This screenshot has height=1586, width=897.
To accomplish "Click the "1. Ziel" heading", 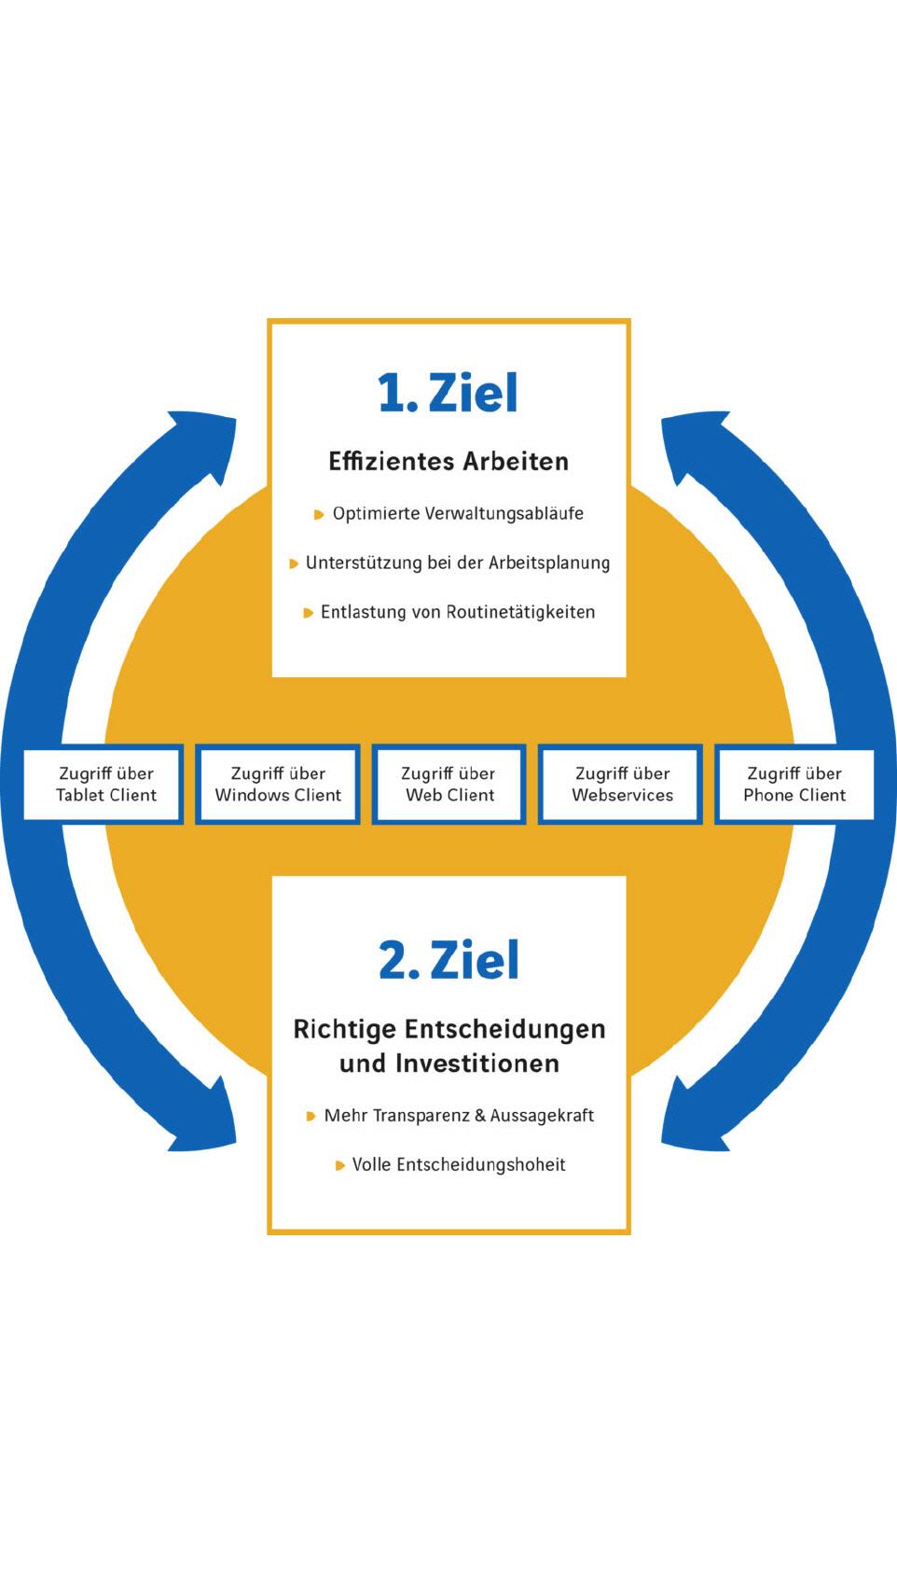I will click(448, 393).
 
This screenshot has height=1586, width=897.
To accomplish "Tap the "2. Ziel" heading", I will click(448, 960).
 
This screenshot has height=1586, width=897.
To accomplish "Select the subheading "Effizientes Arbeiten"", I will click(448, 461).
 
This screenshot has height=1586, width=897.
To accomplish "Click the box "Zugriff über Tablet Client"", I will click(105, 784).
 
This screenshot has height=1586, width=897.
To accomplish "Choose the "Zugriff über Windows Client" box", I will click(278, 784).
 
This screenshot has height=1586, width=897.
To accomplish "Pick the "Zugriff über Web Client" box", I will click(448, 784).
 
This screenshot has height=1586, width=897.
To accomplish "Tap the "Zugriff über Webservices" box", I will click(622, 784).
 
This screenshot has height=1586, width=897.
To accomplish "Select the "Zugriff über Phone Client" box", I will click(794, 784).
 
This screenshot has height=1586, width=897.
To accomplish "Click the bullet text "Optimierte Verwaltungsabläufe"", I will click(458, 513).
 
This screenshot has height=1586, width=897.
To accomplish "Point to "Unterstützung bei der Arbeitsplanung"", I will click(458, 563).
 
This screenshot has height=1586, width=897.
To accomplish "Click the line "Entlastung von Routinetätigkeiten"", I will click(458, 612).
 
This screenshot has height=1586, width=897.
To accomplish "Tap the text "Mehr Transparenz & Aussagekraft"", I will click(459, 1115).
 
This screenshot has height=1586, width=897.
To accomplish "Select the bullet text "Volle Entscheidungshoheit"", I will click(459, 1164).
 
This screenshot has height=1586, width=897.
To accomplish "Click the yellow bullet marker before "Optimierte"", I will click(319, 514).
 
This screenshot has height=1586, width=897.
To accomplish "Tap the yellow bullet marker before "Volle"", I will click(340, 1165).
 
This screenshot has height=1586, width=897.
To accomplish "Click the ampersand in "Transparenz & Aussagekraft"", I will click(480, 1115).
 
